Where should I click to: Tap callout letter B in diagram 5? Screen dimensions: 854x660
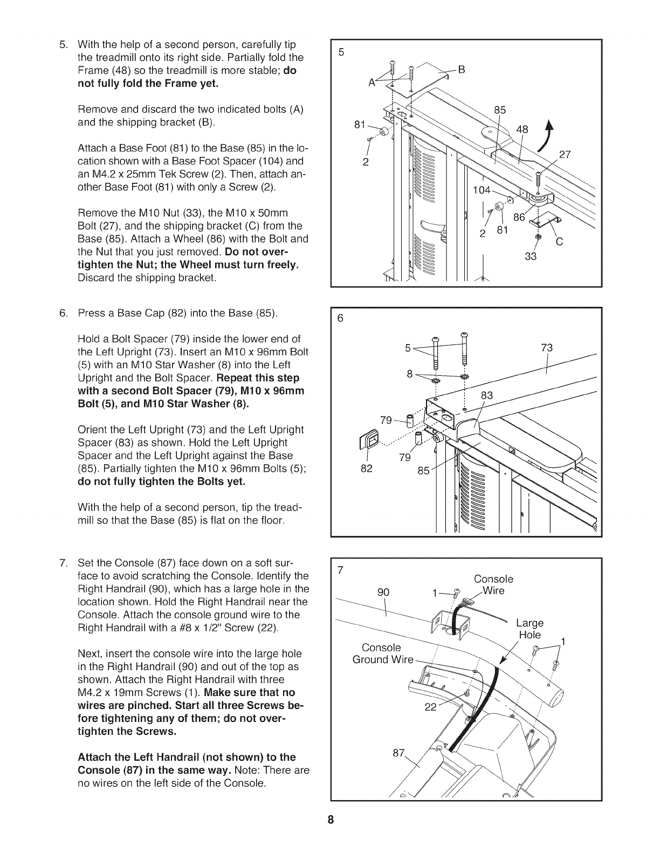coord(461,69)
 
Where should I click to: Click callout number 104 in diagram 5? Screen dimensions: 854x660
coord(482,189)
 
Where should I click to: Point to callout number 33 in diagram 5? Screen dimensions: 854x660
coord(531,257)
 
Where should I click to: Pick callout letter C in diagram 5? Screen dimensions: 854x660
coord(559,242)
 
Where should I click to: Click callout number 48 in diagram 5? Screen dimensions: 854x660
coord(522,129)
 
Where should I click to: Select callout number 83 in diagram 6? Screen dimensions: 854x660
coord(487,395)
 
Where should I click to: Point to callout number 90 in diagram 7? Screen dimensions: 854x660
coord(383,592)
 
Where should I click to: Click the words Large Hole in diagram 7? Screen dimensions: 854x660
coord(530,629)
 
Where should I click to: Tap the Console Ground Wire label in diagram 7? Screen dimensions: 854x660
coord(382,653)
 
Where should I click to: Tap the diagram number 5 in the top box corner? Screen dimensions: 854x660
coord(340,53)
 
